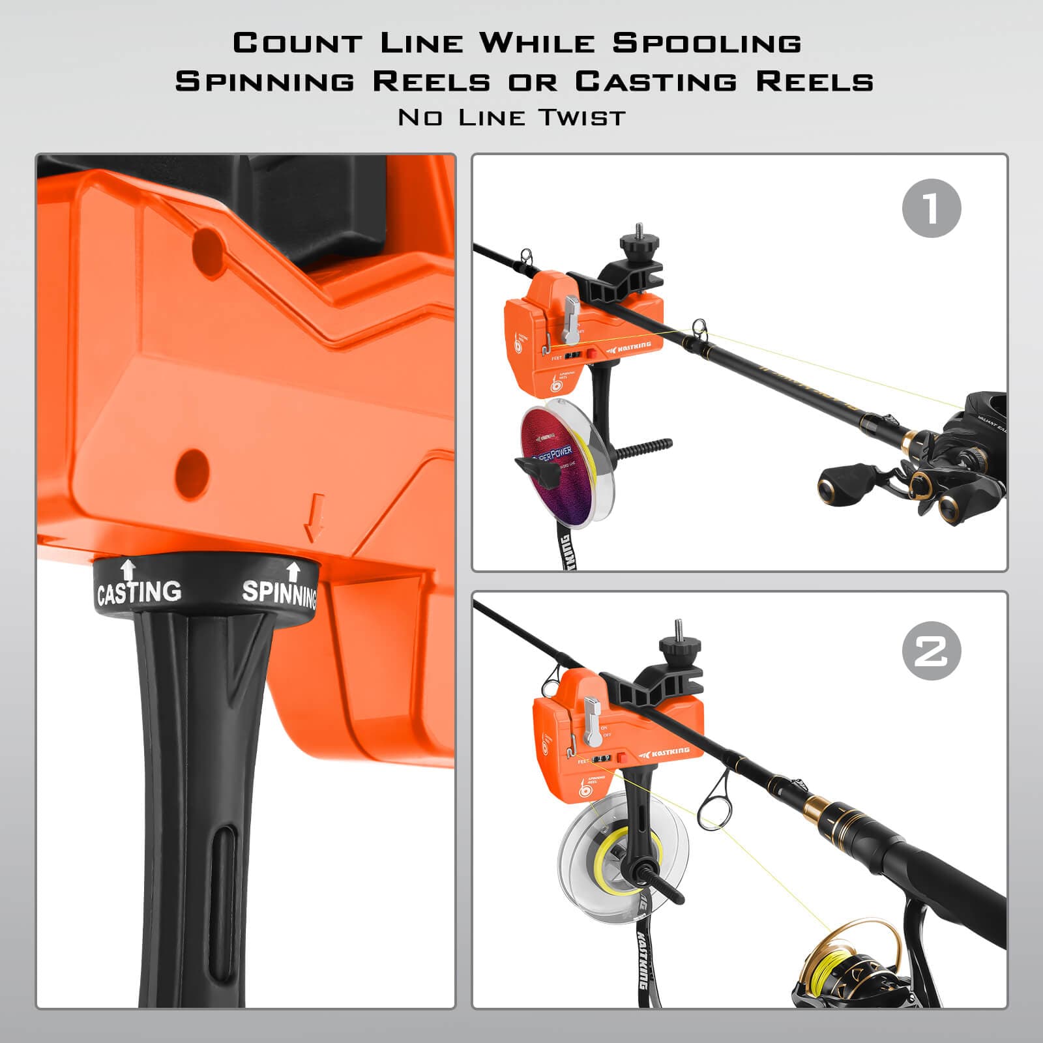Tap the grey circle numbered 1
click(932, 208)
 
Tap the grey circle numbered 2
click(932, 651)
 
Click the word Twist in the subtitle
click(582, 118)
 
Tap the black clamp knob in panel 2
click(679, 647)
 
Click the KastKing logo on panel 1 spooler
click(629, 345)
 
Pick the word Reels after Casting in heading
click(815, 82)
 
